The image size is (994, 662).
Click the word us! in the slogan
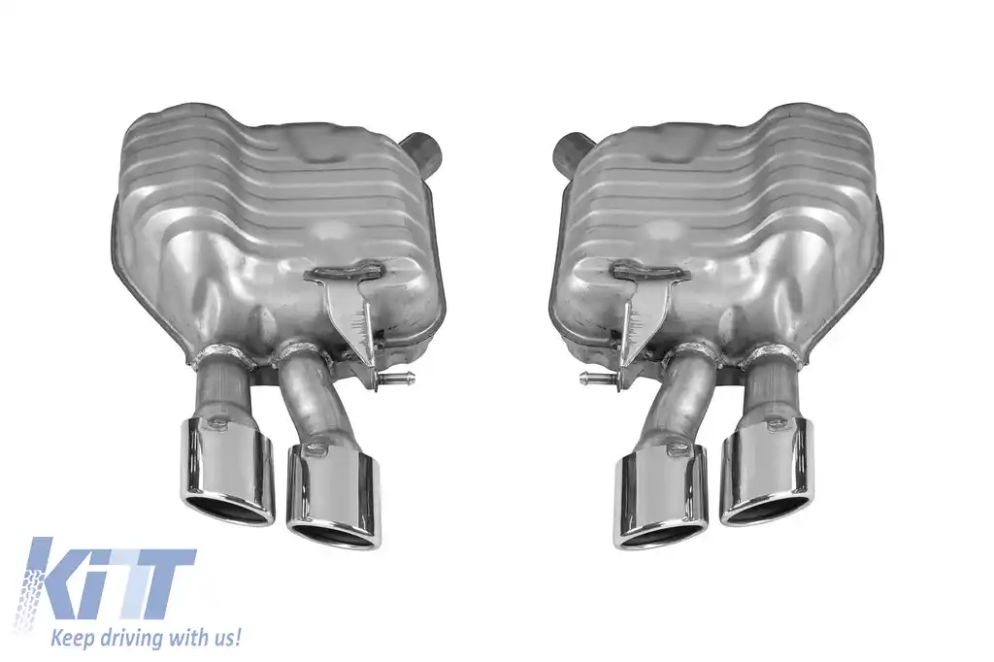222,637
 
